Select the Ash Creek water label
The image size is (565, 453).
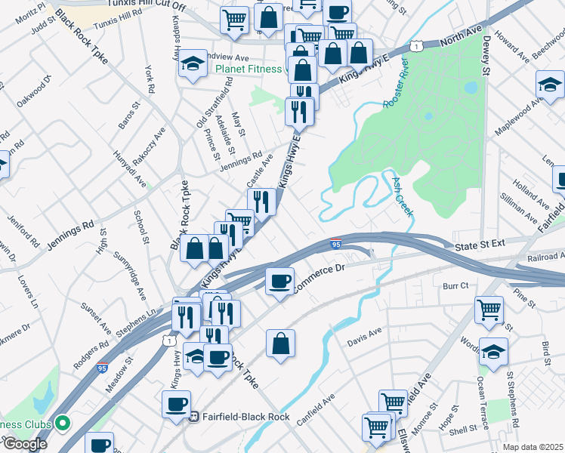point(402,197)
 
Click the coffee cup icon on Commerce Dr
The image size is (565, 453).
point(279,282)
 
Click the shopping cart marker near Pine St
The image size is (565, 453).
point(489,309)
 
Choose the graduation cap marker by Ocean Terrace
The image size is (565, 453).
point(493,352)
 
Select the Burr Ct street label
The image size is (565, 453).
point(456,286)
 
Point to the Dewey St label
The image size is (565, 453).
point(486,54)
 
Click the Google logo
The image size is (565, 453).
point(25,444)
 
